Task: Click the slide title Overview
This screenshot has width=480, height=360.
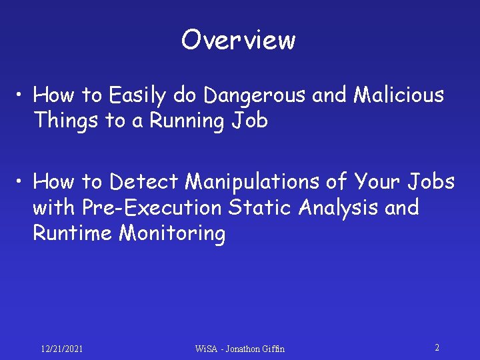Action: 238,40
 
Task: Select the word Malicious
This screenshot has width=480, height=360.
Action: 399,95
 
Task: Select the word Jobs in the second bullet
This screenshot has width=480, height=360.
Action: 430,181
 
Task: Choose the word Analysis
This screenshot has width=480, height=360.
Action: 339,207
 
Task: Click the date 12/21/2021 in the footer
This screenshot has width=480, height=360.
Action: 61,349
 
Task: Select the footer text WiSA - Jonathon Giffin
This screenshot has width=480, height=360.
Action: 239,349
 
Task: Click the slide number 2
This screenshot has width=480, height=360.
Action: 437,347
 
